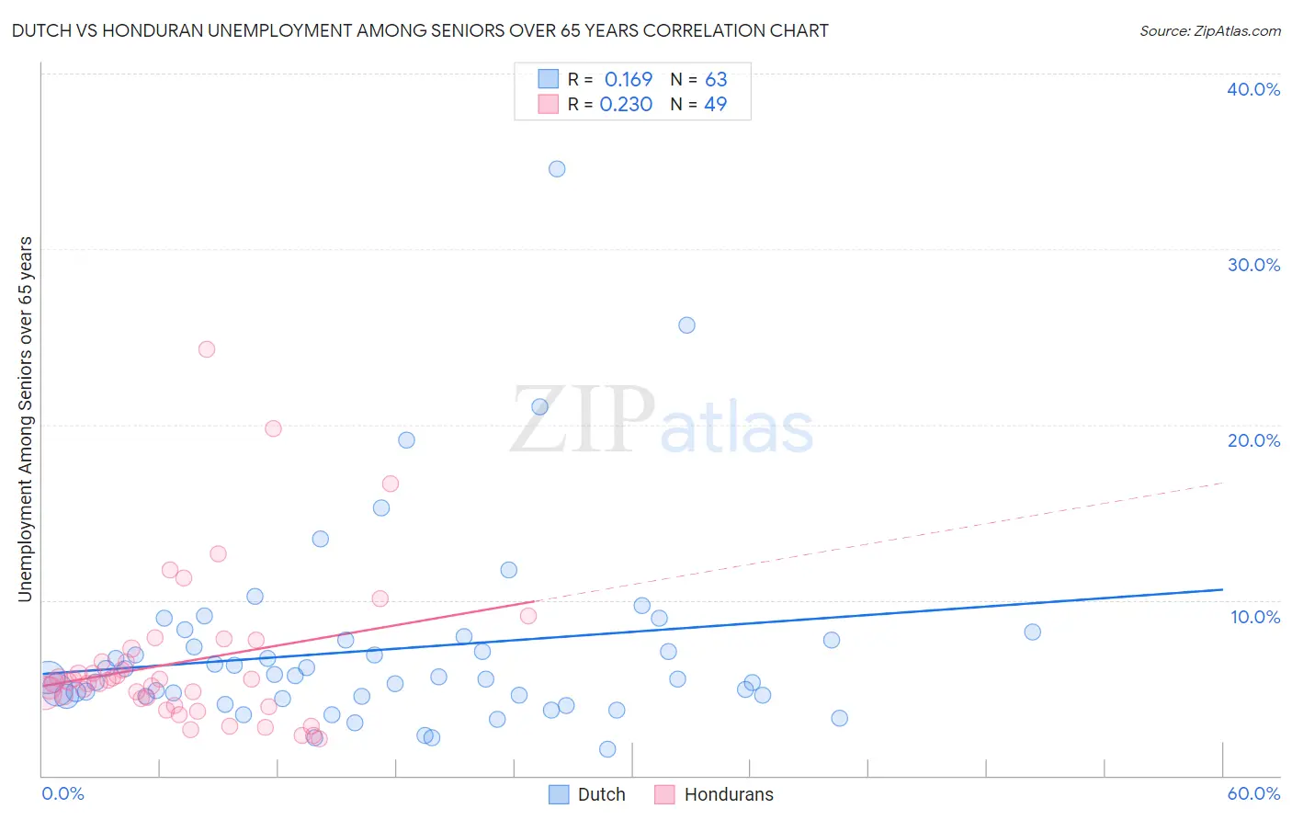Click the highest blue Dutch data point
557,169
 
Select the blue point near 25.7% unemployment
686,325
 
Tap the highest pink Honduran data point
207,349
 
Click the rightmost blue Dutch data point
1032,632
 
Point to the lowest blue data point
607,749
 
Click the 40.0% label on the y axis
1253,89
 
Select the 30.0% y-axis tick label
1253,265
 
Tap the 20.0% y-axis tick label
1253,440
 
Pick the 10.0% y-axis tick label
1255,617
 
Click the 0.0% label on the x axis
62,793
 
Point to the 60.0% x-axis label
1253,793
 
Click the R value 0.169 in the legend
629,80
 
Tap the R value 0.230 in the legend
626,105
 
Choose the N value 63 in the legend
716,80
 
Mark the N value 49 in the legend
715,105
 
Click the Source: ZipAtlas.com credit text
1209,31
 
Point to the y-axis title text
26,419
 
